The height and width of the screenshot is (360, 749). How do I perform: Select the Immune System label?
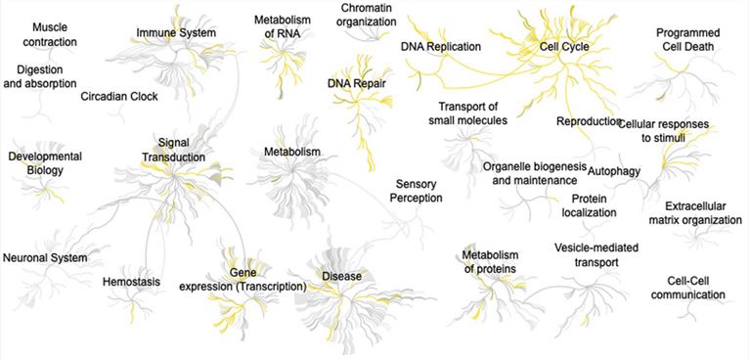[x=176, y=33]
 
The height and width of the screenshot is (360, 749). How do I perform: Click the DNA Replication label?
[x=441, y=46]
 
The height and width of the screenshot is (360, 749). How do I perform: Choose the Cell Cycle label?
[x=563, y=46]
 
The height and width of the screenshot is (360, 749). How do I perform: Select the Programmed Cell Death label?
[x=692, y=40]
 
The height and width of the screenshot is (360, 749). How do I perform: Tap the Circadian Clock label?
[x=119, y=96]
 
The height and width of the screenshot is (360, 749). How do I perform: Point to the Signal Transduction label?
[x=173, y=150]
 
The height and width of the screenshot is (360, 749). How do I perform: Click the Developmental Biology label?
[x=44, y=163]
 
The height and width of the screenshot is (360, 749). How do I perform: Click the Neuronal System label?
[x=45, y=258]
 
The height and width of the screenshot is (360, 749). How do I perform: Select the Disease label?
[x=342, y=277]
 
